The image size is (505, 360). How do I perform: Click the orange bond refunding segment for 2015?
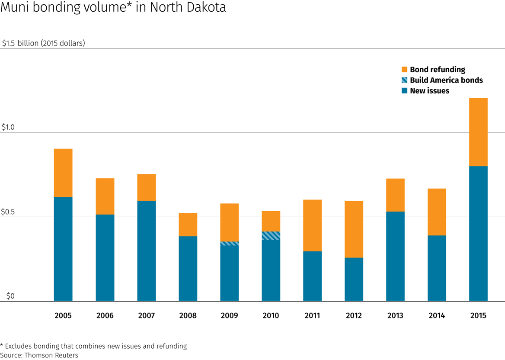[x=478, y=132]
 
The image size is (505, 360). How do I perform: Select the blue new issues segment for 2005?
[x=63, y=249]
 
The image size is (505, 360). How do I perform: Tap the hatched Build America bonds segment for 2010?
[x=271, y=236]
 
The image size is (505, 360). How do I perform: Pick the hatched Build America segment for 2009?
[x=229, y=244]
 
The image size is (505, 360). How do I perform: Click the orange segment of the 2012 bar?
[x=354, y=229]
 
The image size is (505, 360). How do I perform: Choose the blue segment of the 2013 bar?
[x=395, y=256]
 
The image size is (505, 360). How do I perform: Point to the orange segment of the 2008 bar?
[x=188, y=225]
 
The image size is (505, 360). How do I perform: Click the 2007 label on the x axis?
[x=146, y=315]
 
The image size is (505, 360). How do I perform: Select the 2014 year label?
[x=437, y=315]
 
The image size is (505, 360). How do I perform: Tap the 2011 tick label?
[x=312, y=315]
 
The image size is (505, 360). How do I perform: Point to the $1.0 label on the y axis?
[x=8, y=128]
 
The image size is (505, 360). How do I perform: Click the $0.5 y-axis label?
[x=8, y=212]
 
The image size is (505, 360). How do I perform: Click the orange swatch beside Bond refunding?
[x=405, y=70]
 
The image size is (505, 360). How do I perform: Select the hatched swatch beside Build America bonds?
[x=405, y=80]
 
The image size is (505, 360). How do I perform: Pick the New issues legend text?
[x=429, y=91]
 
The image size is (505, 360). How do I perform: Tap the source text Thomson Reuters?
[x=52, y=355]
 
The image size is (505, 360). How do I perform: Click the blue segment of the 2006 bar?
[x=105, y=257]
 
